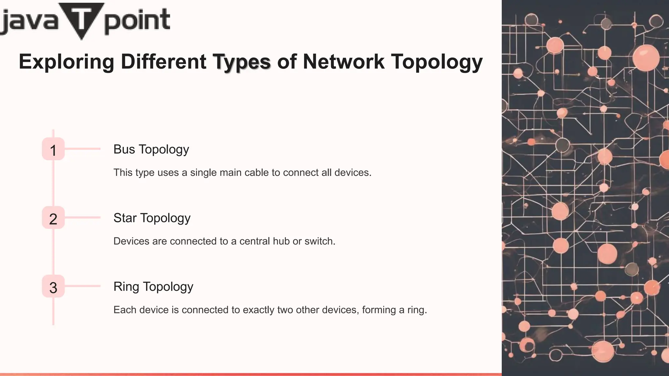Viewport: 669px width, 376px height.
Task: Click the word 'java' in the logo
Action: pos(29,22)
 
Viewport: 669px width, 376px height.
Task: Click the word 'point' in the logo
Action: pos(137,21)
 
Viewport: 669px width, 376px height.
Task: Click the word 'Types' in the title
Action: pos(242,62)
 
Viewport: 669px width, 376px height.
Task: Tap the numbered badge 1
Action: pos(53,149)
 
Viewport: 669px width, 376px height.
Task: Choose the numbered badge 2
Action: pos(53,218)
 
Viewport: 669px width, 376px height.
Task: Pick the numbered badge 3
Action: pos(53,287)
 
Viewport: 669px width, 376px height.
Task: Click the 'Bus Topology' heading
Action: pos(151,149)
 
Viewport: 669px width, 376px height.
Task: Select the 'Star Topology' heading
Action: pos(152,218)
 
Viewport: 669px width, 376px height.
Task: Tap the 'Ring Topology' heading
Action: pos(153,287)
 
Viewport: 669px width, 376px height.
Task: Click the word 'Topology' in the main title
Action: pos(437,62)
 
